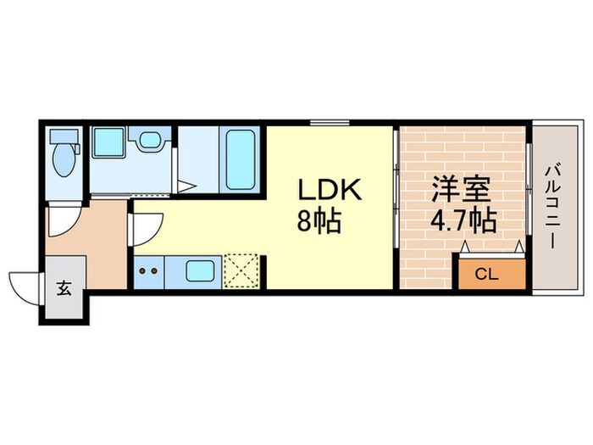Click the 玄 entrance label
[x=64, y=287]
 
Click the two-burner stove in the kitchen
[x=148, y=272]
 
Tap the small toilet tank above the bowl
[x=62, y=136]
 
